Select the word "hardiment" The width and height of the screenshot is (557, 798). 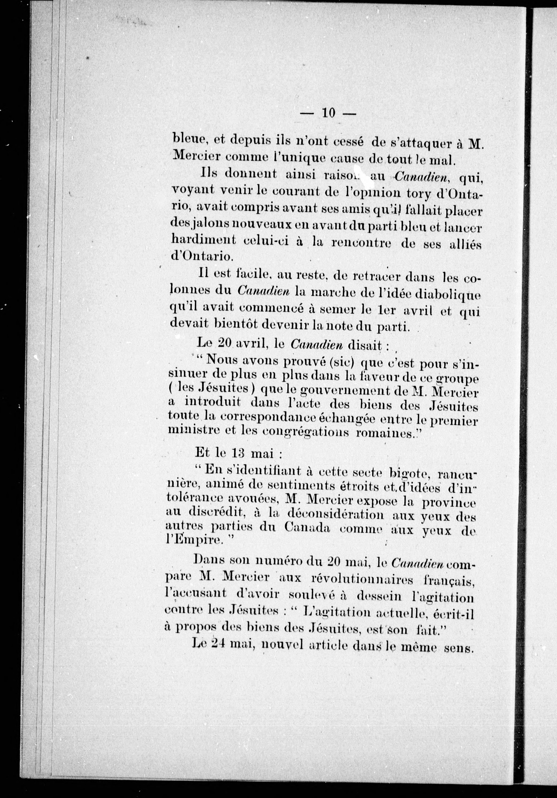200,239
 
